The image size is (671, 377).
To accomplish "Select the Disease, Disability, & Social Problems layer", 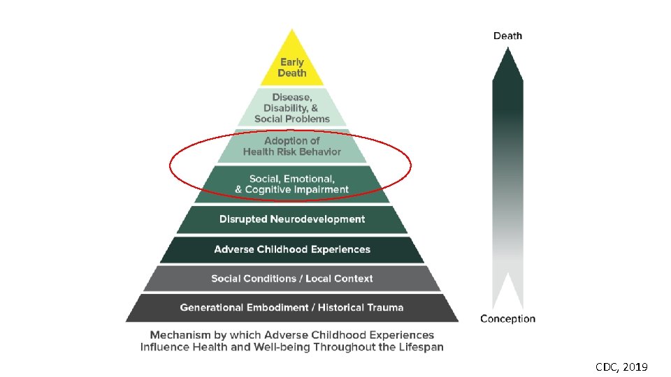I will (291, 108).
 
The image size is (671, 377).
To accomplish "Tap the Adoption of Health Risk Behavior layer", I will (292, 147).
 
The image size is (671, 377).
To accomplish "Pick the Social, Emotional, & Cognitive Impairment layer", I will (291, 184).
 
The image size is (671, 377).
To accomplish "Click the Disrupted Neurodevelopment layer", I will (291, 219).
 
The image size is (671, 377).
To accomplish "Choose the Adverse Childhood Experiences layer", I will (291, 249).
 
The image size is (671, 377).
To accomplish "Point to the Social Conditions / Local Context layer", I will (291, 279).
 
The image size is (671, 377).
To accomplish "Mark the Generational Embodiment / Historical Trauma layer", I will (291, 307).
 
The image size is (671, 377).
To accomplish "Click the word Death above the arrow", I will (507, 36).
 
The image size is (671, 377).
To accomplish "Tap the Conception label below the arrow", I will (507, 319).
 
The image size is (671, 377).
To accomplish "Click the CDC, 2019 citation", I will (621, 366).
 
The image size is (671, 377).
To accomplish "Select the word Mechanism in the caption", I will (180, 335).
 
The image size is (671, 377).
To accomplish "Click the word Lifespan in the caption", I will (417, 347).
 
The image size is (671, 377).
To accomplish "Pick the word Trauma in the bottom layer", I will (384, 307).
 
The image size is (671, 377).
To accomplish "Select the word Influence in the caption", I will (164, 347).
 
